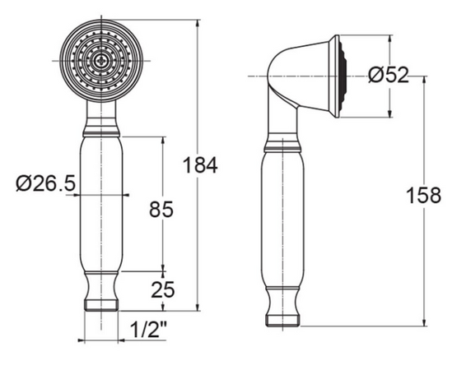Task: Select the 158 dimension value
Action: pos(424,196)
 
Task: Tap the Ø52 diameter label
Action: pos(389,75)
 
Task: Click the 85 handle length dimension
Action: pos(161,210)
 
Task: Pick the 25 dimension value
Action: pos(161,289)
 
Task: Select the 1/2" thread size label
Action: pos(148,331)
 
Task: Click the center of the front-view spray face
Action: pos(101,60)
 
